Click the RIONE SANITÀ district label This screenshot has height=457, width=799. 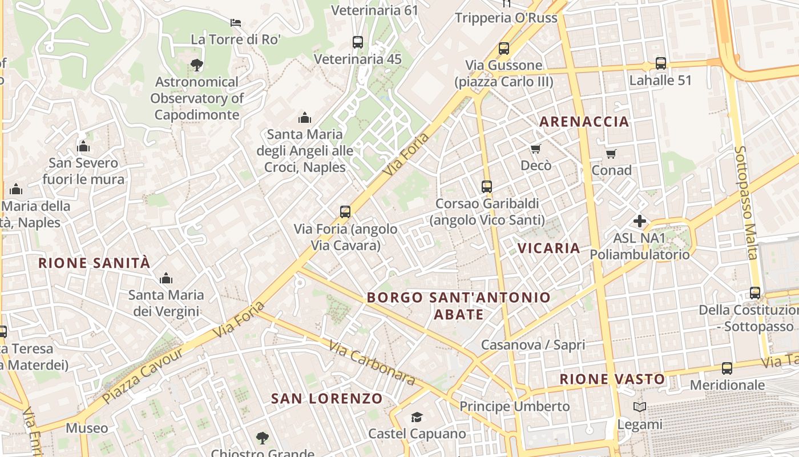click(x=94, y=263)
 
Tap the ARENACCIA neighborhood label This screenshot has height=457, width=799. click(x=584, y=121)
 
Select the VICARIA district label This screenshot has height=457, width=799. click(x=548, y=248)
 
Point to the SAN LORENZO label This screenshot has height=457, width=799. click(x=326, y=398)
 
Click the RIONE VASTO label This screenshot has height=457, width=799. click(x=612, y=379)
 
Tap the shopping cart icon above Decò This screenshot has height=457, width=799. click(x=535, y=149)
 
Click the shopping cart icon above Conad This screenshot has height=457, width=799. click(x=611, y=154)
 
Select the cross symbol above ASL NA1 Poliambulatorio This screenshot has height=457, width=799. click(x=639, y=221)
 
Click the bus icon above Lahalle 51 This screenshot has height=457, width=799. click(x=660, y=63)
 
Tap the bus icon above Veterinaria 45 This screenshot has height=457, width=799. click(x=357, y=42)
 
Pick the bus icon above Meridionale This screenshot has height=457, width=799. click(x=727, y=368)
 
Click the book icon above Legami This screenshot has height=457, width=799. click(x=639, y=407)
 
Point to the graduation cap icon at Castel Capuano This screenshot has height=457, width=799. click(x=417, y=418)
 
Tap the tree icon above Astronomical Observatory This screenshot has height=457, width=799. click(x=197, y=65)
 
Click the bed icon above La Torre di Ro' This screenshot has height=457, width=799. click(x=235, y=23)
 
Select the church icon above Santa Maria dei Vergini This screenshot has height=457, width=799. click(x=166, y=278)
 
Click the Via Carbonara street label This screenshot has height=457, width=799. click(x=372, y=362)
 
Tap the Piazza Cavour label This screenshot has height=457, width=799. click(x=143, y=375)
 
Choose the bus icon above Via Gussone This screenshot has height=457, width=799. click(x=503, y=49)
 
